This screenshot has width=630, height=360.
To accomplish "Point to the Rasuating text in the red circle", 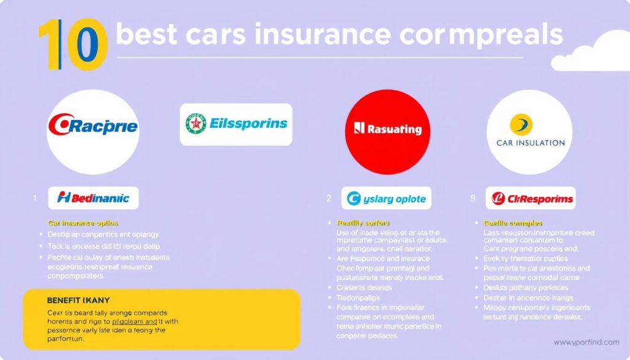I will click(x=388, y=129).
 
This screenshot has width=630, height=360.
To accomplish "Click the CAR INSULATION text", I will click(x=530, y=143).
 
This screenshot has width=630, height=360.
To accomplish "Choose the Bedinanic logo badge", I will click(x=93, y=198).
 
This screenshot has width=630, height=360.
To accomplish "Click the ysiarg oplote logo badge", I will click(x=387, y=199).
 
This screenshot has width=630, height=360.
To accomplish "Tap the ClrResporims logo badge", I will click(x=530, y=199).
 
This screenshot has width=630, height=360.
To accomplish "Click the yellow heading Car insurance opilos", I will click(x=82, y=223).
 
